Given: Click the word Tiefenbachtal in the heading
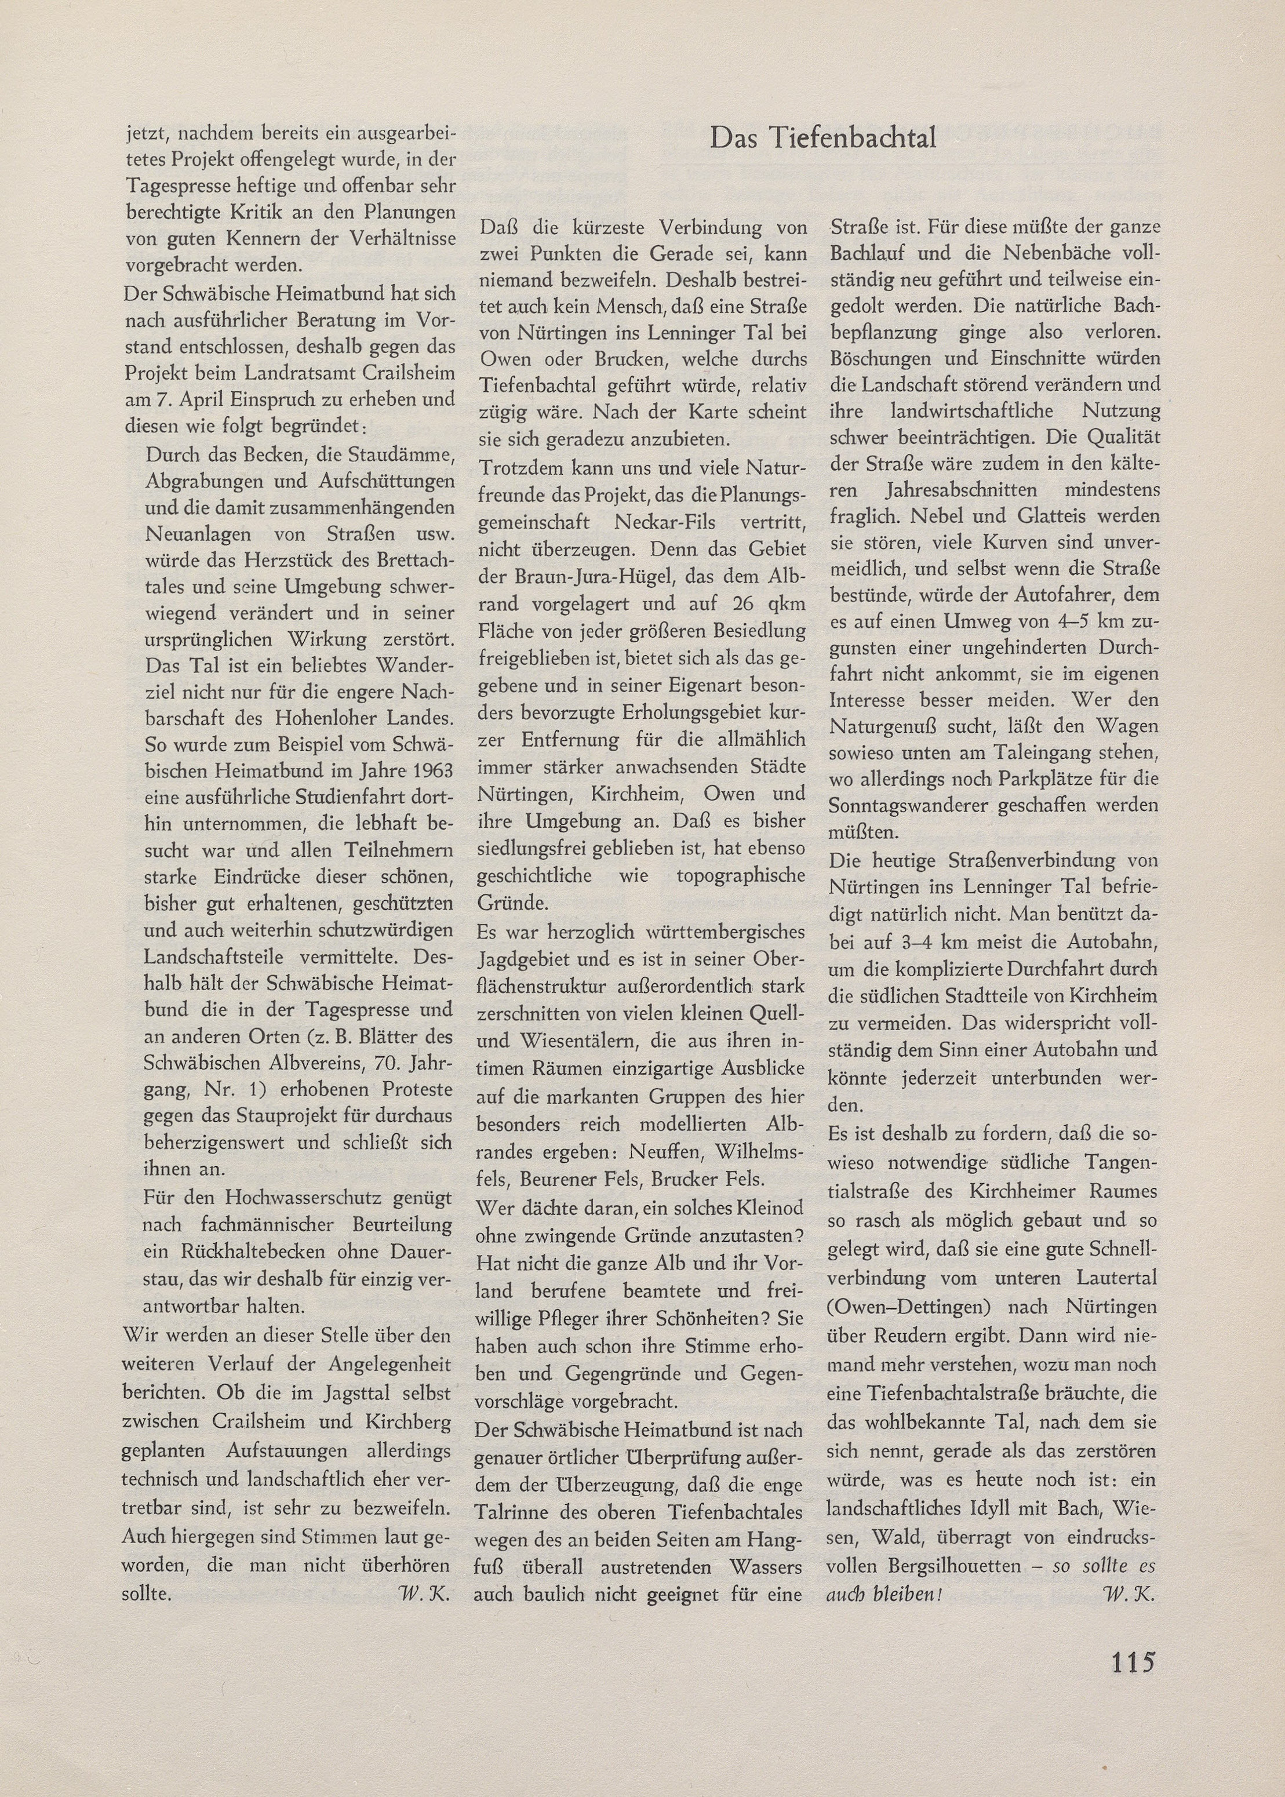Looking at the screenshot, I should point(856,138).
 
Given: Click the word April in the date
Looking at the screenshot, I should point(210,399).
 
